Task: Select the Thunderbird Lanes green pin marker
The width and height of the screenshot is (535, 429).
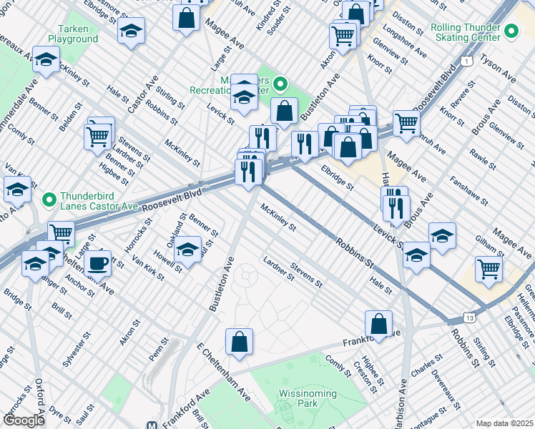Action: coord(49,198)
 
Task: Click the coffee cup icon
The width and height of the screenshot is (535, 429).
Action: coord(97,263)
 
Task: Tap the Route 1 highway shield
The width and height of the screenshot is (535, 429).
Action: coord(466,62)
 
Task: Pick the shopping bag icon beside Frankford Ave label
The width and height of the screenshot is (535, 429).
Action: coord(378,323)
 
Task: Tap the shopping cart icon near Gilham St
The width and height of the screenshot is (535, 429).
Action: coord(489,269)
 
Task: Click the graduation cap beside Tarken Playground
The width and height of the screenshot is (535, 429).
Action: coord(132,31)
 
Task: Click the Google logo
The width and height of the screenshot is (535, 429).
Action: coord(24,420)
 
